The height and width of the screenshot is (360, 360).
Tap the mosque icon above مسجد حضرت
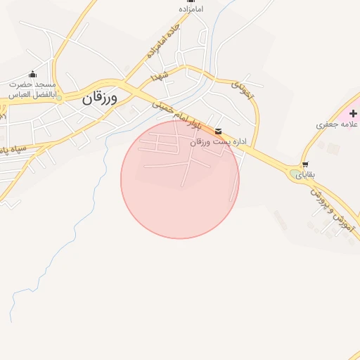click(32, 74)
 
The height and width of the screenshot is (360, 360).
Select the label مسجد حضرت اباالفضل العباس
click(32, 87)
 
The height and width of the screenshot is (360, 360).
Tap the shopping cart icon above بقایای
click(304, 165)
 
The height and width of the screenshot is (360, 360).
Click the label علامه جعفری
click(337, 124)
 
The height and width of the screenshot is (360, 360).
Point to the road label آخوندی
click(243, 89)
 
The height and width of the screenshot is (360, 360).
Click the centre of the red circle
click(180, 179)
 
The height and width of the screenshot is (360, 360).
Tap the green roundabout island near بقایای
click(293, 174)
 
